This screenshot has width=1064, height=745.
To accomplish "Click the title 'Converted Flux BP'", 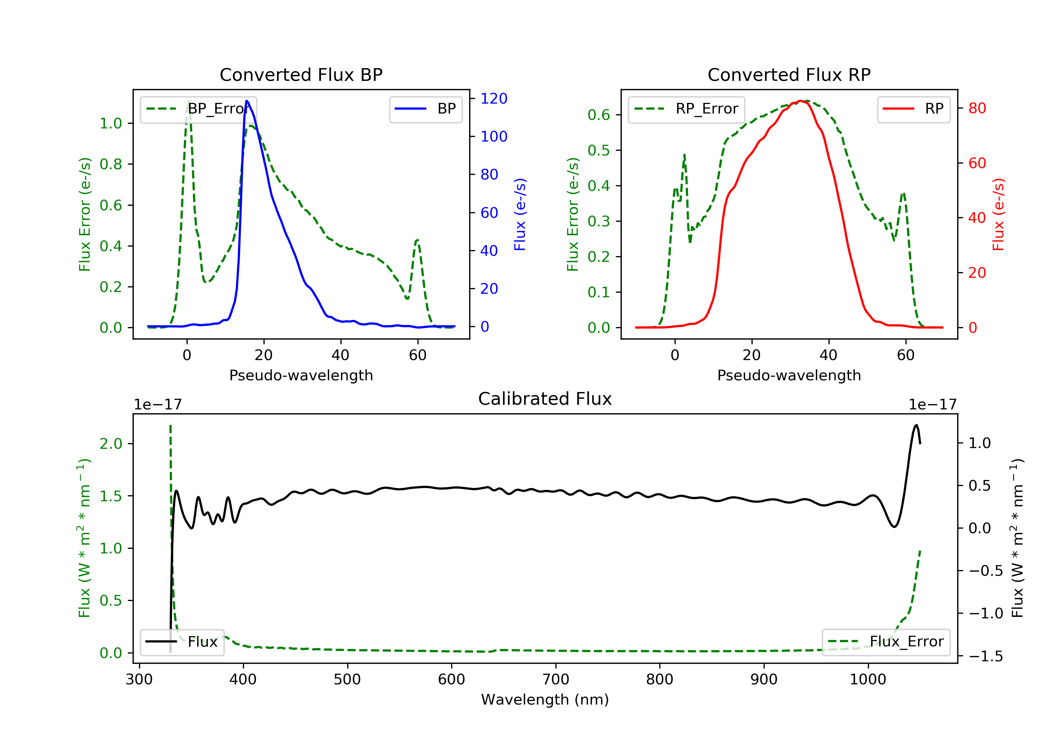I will (x=301, y=74).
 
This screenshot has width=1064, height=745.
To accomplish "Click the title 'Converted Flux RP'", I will (x=789, y=74).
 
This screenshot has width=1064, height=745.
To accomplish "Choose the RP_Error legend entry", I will (x=686, y=109).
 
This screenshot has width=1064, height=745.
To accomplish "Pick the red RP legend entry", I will (x=913, y=109).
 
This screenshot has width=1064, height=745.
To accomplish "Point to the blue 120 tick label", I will (x=494, y=98).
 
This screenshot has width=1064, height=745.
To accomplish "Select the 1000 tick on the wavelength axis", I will (x=868, y=680).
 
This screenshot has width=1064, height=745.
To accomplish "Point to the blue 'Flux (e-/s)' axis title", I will (x=520, y=214).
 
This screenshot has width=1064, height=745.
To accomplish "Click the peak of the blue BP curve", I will (x=246, y=101).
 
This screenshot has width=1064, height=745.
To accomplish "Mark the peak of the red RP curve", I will (x=800, y=101).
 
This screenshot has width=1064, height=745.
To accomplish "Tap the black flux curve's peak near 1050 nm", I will (x=916, y=425).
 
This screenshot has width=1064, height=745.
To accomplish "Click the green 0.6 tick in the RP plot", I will (x=598, y=115).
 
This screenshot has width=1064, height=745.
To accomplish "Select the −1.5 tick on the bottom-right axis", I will (x=985, y=656).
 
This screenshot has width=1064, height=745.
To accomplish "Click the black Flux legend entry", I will (x=182, y=642).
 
